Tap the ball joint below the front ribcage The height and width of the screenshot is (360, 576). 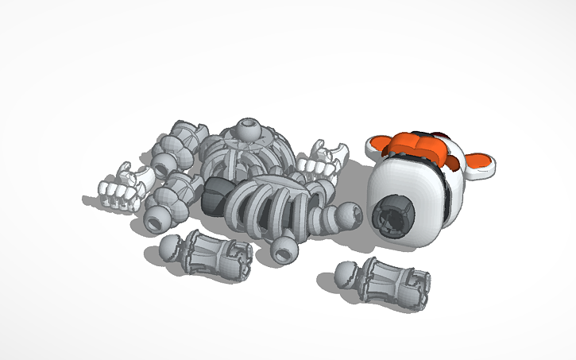point(284,249)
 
